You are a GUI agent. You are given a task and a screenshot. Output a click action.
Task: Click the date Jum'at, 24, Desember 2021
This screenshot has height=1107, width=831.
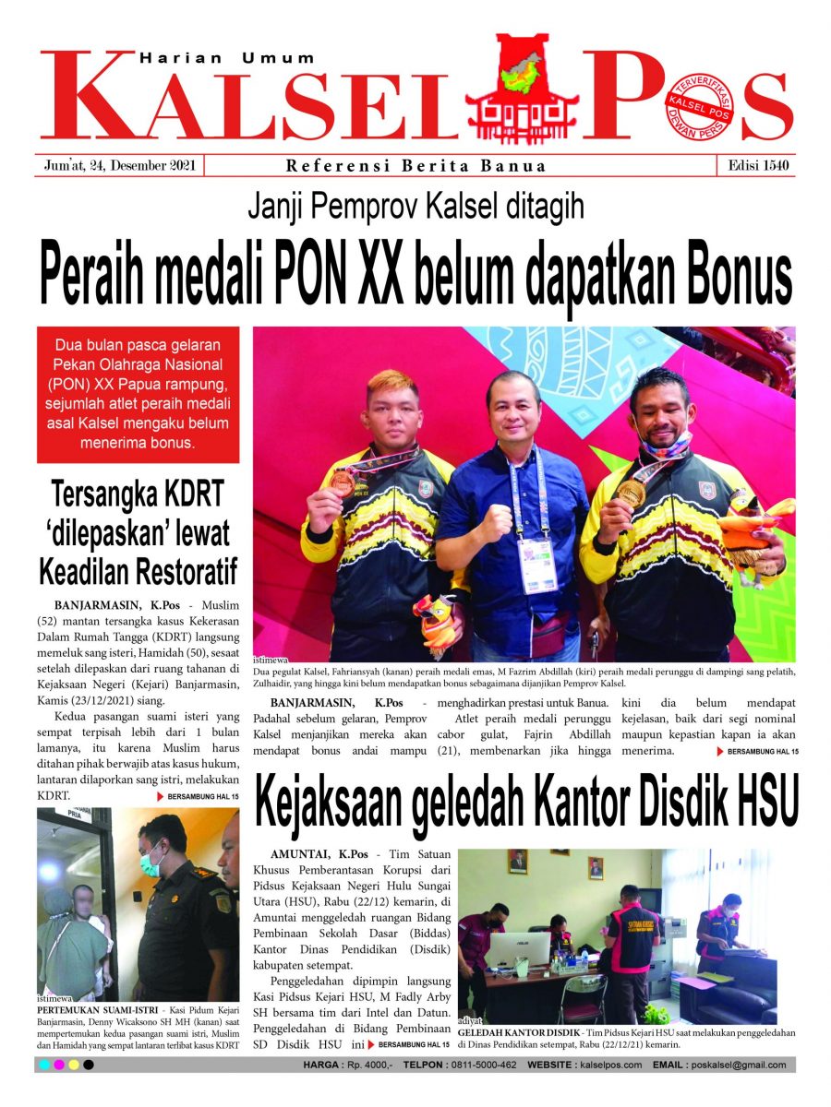119,166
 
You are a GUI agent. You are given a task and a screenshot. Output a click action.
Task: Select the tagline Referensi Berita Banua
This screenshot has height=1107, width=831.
415,166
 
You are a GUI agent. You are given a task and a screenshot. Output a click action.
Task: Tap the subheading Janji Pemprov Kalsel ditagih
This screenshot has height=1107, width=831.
415,206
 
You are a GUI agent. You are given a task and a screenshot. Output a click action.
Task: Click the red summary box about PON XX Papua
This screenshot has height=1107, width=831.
138,394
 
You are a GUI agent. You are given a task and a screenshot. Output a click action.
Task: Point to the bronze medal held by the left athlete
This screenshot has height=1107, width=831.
343,482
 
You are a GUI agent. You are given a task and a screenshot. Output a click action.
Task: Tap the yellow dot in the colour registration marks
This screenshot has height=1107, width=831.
73,1065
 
